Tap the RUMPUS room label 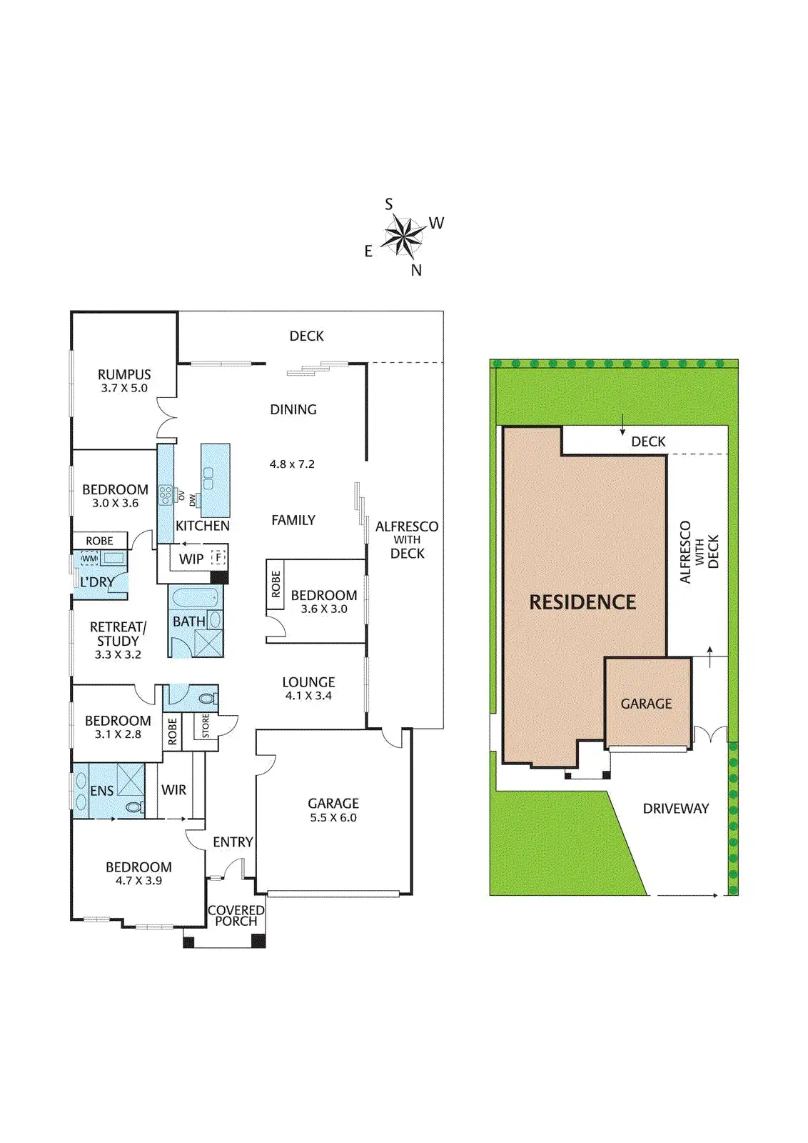[x=124, y=374]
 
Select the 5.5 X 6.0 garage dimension [x=333, y=818]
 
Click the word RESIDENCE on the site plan [x=582, y=602]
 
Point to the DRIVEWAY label [x=676, y=809]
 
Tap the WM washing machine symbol [x=89, y=559]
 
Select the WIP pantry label [x=191, y=559]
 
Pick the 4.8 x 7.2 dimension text [x=292, y=464]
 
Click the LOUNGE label [x=308, y=682]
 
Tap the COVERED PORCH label [x=236, y=916]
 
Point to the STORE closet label [x=206, y=726]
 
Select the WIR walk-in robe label [x=173, y=790]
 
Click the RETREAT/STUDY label [x=118, y=634]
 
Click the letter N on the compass [x=417, y=271]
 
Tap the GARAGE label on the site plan [x=646, y=704]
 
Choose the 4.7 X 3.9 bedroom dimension [x=138, y=881]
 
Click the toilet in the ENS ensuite [x=133, y=807]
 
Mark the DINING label [x=293, y=409]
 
